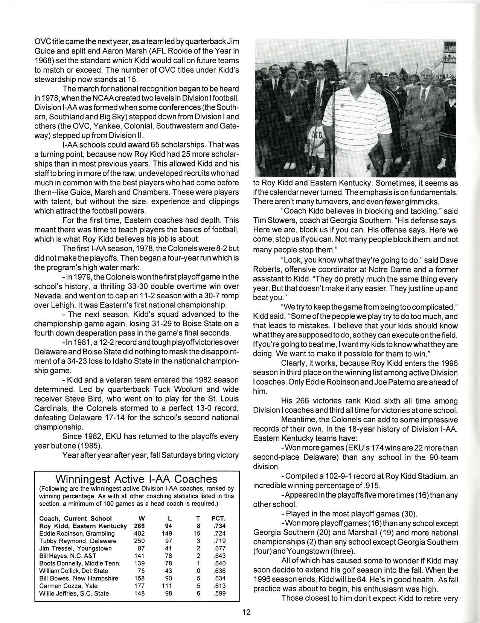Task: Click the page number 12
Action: point(247,612)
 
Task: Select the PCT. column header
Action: point(218,518)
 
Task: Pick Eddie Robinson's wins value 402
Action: point(139,533)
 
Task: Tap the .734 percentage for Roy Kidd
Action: point(219,526)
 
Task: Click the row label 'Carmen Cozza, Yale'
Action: point(68,586)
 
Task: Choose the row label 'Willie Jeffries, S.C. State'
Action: point(74,593)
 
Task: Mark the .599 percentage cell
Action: point(219,593)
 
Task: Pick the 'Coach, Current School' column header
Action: point(75,518)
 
